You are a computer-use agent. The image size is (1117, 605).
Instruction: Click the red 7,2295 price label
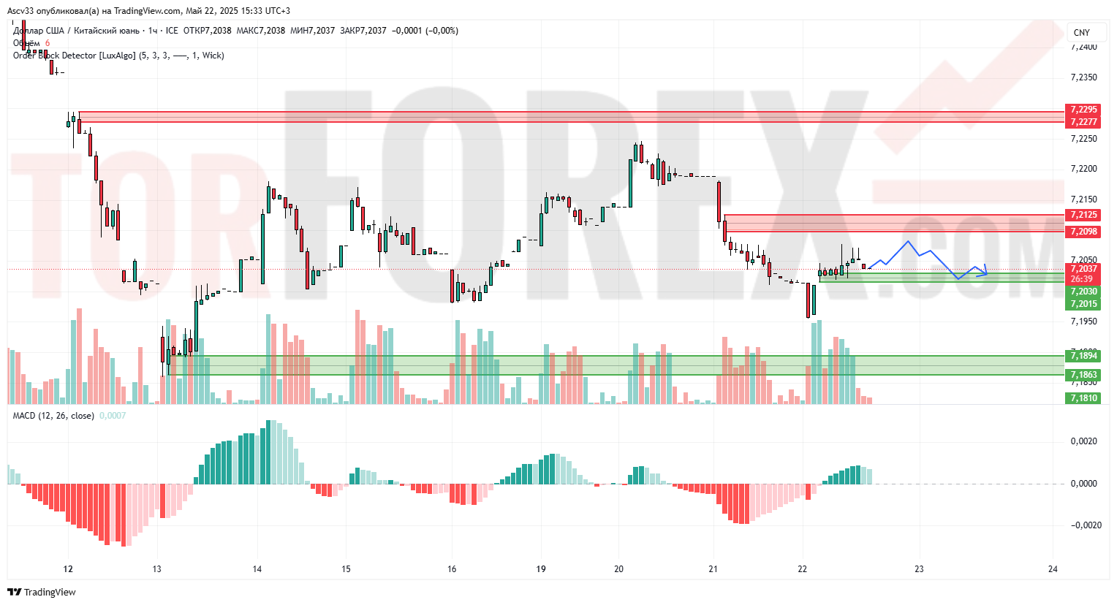coord(1083,110)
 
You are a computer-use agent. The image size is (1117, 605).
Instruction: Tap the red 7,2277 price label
coord(1083,122)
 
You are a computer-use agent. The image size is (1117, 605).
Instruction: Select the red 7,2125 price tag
coord(1083,215)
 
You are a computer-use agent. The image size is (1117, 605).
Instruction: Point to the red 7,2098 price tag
coord(1083,232)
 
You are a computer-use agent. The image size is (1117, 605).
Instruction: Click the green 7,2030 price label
coord(1083,292)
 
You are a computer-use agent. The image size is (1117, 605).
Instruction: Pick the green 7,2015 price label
coord(1083,304)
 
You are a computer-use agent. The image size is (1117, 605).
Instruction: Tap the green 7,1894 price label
coord(1083,356)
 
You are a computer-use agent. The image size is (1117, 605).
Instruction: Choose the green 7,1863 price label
coord(1083,375)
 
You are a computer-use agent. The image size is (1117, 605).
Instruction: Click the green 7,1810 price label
coord(1083,398)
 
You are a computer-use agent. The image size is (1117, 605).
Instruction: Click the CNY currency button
coord(1082,32)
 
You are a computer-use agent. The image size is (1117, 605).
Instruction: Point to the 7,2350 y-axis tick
coord(1083,77)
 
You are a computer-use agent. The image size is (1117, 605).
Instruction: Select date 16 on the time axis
coord(452,569)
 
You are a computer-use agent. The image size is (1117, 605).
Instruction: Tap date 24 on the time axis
coord(1053,569)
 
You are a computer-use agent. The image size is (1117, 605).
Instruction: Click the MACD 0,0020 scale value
coord(1083,441)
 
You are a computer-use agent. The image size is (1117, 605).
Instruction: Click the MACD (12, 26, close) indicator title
coord(53,416)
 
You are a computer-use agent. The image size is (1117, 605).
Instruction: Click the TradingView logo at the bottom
coord(42,592)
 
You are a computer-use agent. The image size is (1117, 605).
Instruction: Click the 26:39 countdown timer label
coord(1082,279)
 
